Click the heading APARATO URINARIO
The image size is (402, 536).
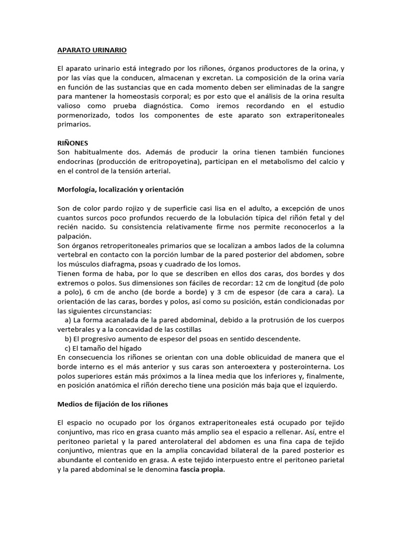[x=92, y=51]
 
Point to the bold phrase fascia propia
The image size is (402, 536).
[x=203, y=469]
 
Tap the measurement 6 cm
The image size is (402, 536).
[x=84, y=292]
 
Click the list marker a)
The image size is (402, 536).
[x=68, y=320]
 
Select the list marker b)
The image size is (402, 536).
[x=68, y=339]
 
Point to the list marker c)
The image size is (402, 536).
[x=68, y=349]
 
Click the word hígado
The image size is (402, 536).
[x=130, y=349]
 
